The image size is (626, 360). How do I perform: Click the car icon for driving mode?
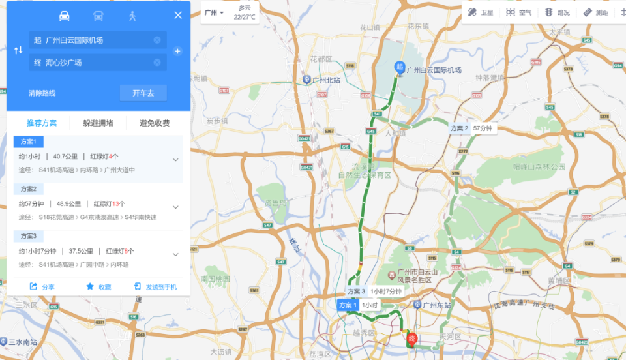[x=64, y=16]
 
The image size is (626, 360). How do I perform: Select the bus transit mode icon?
[x=98, y=16]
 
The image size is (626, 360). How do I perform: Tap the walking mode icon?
[x=132, y=16]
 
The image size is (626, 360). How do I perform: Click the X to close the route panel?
[x=178, y=16]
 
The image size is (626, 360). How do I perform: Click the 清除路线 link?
[x=42, y=93]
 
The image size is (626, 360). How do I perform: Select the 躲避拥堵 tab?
[x=98, y=123]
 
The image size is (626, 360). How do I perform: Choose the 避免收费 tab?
[x=155, y=123]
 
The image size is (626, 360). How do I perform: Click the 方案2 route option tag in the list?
[x=29, y=188]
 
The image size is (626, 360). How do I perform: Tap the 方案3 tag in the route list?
[x=29, y=235]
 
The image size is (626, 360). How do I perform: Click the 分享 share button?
[x=42, y=286]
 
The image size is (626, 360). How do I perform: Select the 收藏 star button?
[x=98, y=286]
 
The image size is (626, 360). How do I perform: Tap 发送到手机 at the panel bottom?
[x=155, y=286]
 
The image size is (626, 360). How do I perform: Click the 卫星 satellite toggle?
[x=481, y=12]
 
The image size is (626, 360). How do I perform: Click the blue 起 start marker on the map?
[x=399, y=67]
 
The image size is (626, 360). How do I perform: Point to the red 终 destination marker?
[x=411, y=339]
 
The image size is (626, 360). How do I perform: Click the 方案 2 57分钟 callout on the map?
[x=471, y=128]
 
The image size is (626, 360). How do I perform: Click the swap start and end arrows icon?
[x=18, y=51]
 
